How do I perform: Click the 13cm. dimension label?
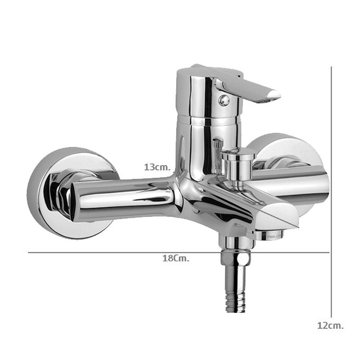(x=157, y=167)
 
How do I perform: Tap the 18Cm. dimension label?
(x=176, y=258)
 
